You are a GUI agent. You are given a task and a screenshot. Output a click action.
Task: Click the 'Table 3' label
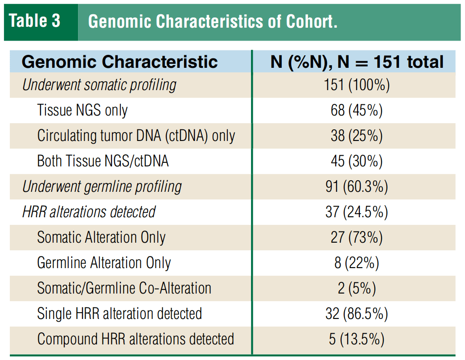[35, 21]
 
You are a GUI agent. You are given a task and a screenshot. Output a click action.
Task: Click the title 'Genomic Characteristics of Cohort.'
[213, 21]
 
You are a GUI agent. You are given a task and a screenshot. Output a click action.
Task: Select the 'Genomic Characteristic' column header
[120, 62]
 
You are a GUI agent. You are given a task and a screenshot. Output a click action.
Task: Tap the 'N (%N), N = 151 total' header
[357, 62]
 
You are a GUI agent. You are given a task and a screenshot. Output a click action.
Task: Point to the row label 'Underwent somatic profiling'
[99, 85]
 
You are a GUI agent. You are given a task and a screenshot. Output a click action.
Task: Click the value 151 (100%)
[357, 85]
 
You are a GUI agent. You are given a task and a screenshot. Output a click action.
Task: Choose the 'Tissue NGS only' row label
[82, 110]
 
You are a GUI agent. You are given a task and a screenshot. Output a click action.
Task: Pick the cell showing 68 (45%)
[357, 110]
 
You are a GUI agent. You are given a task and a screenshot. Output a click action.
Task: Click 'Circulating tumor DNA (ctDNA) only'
[136, 136]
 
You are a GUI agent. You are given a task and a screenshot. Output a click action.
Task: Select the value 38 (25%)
[357, 136]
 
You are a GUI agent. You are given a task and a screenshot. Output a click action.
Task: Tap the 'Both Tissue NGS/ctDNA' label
[103, 161]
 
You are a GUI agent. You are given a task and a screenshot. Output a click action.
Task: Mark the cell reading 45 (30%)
[357, 161]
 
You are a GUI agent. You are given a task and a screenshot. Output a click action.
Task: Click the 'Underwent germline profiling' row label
[102, 186]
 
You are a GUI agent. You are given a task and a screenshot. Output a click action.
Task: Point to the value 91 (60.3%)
[357, 186]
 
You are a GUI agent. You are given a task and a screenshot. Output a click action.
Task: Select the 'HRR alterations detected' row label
[89, 212]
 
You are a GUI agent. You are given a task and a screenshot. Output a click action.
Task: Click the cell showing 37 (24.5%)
[357, 212]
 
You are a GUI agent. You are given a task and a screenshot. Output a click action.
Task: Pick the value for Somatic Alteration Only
[357, 237]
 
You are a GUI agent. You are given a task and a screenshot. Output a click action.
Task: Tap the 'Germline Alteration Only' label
[104, 263]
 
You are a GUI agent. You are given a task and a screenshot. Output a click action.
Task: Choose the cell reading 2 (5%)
[357, 288]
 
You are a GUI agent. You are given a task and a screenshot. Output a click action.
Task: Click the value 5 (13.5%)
[357, 339]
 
